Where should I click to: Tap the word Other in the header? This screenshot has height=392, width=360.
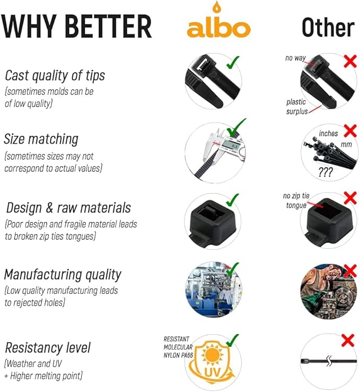click(327, 28)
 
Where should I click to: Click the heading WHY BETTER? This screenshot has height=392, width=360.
click(76, 25)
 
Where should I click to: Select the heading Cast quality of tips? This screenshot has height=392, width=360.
click(55, 75)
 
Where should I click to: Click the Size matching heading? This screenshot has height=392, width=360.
click(41, 139)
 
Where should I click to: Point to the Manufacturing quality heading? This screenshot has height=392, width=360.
click(63, 274)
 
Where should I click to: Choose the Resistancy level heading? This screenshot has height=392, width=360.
click(48, 347)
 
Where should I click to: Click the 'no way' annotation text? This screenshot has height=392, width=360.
click(295, 58)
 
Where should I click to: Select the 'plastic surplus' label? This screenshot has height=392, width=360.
click(296, 106)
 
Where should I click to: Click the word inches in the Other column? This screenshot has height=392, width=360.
click(328, 133)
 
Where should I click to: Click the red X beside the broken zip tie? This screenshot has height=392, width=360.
click(348, 340)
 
